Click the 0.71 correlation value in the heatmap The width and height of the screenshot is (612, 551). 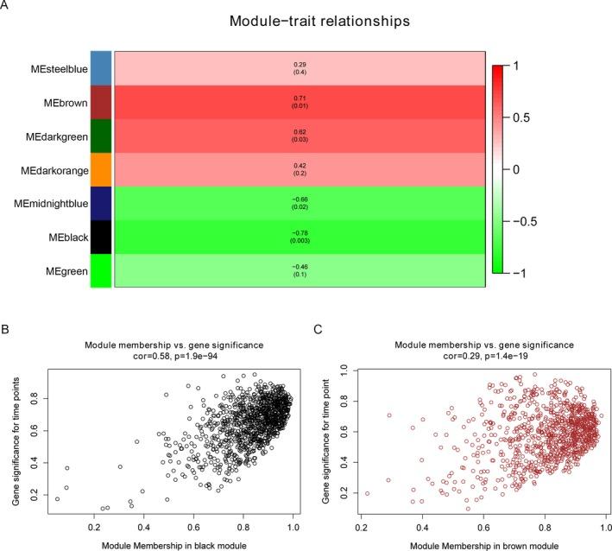(300, 98)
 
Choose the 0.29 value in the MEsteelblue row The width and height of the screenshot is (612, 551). (300, 63)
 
